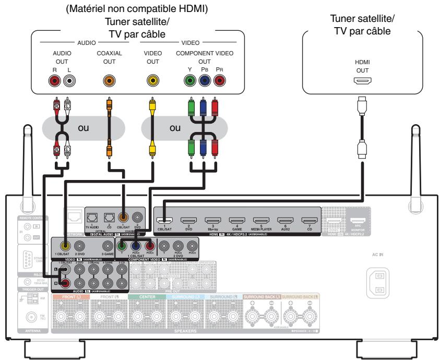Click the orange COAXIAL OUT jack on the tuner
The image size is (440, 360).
109,80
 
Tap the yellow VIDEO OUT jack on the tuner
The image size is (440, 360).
152,80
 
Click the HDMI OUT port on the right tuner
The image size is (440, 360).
362,81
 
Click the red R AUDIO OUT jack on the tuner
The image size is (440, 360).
54,80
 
